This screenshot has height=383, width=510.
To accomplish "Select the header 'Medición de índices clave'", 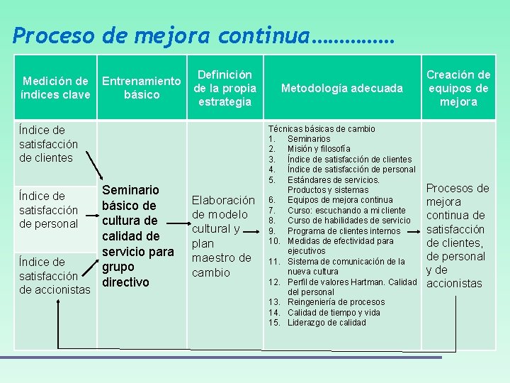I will pyautogui.click(x=56, y=88).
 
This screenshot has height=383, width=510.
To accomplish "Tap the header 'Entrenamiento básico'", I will pyautogui.click(x=142, y=88).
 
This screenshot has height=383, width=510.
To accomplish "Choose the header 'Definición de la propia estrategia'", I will pyautogui.click(x=225, y=88).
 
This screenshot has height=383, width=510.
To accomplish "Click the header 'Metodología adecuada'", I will pyautogui.click(x=341, y=88).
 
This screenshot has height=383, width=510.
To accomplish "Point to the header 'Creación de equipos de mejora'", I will pyautogui.click(x=458, y=88).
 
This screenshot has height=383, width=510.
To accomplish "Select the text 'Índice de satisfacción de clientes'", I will pyautogui.click(x=48, y=144).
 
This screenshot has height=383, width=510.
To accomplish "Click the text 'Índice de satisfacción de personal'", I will pyautogui.click(x=48, y=210).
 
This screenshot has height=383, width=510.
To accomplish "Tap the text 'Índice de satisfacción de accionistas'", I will pyautogui.click(x=55, y=276).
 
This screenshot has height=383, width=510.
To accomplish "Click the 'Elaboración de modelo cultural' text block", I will pyautogui.click(x=222, y=236).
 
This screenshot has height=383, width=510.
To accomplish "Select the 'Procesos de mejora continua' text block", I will pyautogui.click(x=458, y=236).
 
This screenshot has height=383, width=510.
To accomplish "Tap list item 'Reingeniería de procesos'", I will pyautogui.click(x=336, y=302).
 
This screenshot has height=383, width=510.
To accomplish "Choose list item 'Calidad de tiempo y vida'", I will pyautogui.click(x=333, y=313).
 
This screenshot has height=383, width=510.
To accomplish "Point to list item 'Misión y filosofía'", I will pyautogui.click(x=318, y=149).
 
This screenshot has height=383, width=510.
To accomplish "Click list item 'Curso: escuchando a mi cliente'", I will pyautogui.click(x=346, y=210).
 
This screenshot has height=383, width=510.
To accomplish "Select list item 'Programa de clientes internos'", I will pyautogui.click(x=344, y=231).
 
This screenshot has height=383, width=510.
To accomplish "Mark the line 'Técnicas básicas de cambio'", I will pyautogui.click(x=322, y=129).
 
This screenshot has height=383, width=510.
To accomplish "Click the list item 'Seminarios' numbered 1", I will pyautogui.click(x=308, y=139).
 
